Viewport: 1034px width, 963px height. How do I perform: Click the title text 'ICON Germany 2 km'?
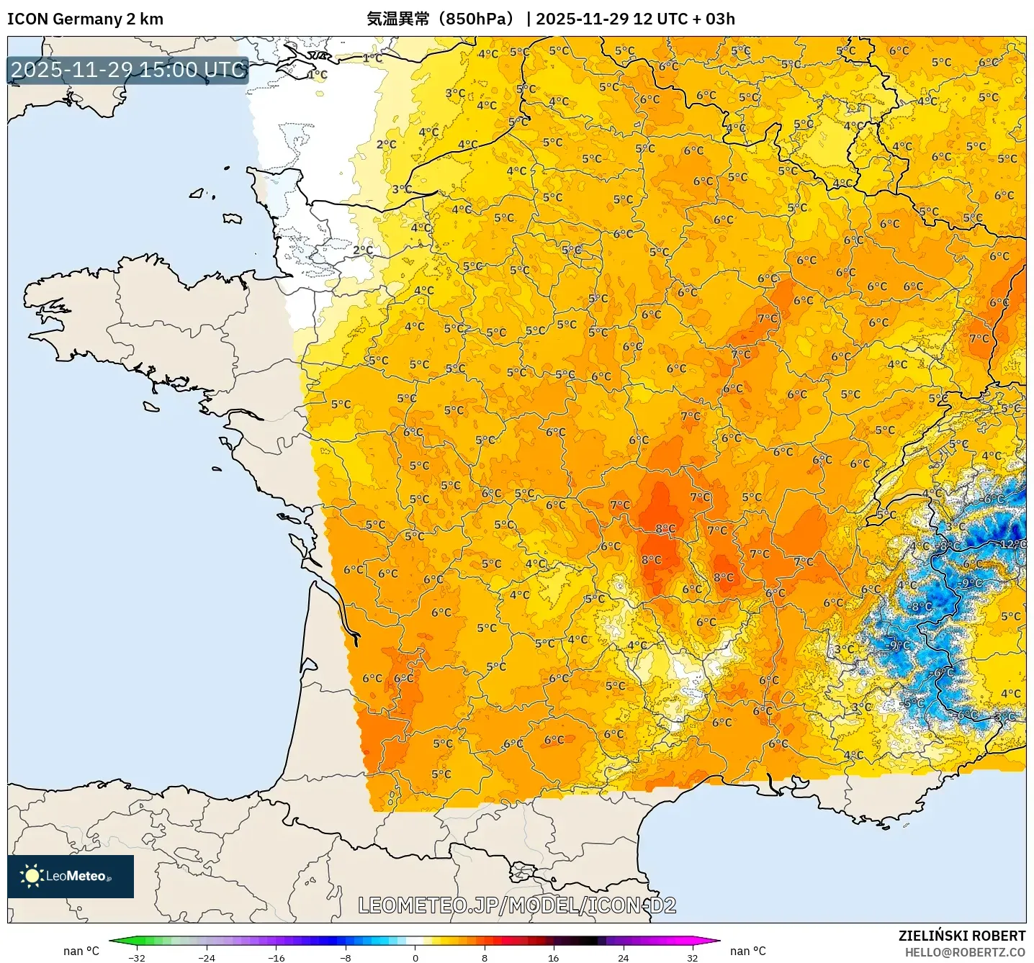(x=85, y=19)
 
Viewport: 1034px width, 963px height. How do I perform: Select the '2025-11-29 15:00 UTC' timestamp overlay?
(x=128, y=70)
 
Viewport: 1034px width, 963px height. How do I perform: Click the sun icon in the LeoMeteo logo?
(x=32, y=876)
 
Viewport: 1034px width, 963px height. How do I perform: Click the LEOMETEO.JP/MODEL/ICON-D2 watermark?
(x=517, y=905)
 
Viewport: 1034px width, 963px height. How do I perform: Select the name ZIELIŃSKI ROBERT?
(x=961, y=936)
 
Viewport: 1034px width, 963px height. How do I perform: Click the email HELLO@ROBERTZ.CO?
(x=965, y=952)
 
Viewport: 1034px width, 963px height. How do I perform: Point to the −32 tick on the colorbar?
(x=137, y=957)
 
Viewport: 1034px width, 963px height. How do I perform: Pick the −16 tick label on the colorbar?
(x=276, y=957)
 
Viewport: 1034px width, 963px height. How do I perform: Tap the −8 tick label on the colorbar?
(x=346, y=957)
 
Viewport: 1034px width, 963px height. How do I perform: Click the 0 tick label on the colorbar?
(x=415, y=957)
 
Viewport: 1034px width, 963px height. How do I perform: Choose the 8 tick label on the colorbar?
(x=485, y=957)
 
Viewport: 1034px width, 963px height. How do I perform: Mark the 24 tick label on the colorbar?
(x=623, y=957)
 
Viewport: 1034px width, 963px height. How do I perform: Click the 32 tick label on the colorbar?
(x=692, y=957)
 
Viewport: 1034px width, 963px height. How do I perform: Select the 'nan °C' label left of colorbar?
(x=81, y=951)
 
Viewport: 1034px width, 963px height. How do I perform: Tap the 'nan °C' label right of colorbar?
(x=748, y=951)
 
